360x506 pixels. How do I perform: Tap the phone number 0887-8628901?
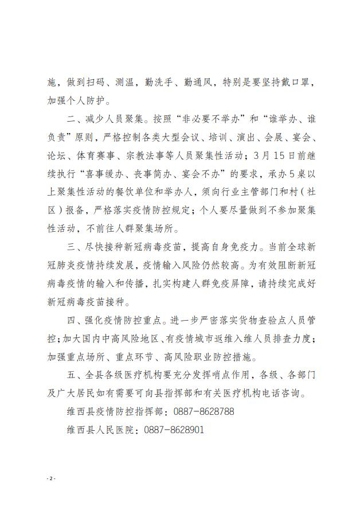click(174, 429)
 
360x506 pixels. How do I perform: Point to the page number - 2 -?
click(52, 478)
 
